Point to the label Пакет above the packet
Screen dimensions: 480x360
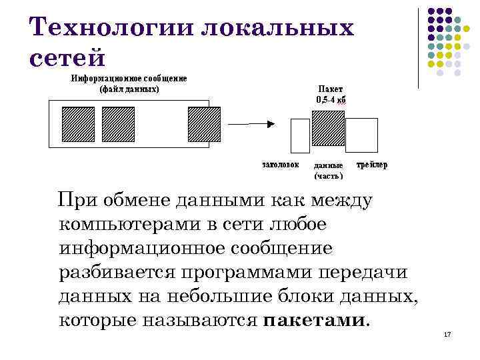tap(331, 89)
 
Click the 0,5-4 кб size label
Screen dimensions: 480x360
tap(331, 100)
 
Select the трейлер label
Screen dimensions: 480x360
tap(372, 164)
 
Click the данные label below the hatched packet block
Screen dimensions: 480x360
tap(328, 165)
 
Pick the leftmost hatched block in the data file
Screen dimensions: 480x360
tap(78, 125)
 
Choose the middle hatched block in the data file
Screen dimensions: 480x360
tap(118, 125)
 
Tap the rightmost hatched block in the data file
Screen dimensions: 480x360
tap(203, 125)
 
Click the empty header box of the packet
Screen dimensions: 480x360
tap(301, 136)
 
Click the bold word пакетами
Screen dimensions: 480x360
tap(314, 321)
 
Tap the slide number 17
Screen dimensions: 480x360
tap(447, 333)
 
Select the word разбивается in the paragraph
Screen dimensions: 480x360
tap(114, 273)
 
